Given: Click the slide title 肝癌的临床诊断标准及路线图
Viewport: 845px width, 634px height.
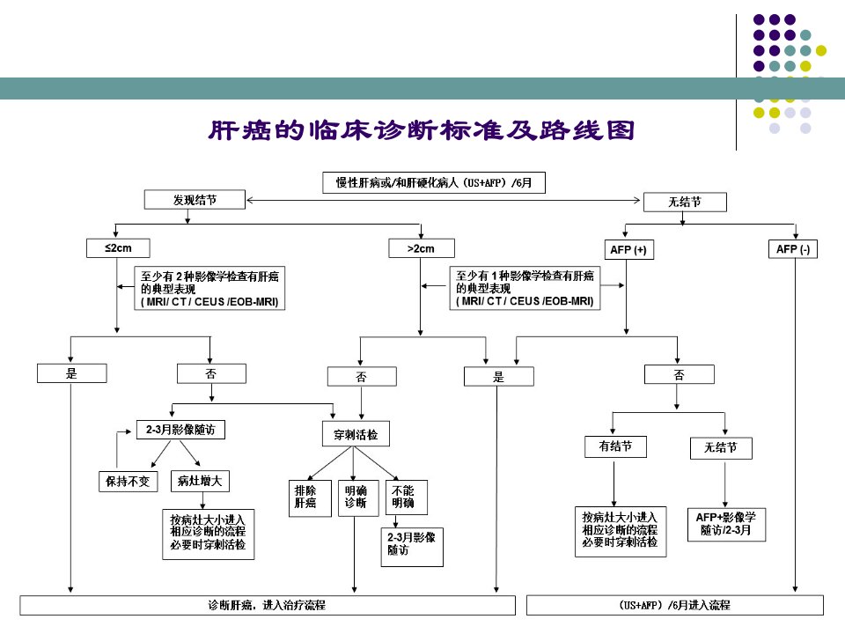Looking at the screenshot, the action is point(422,130).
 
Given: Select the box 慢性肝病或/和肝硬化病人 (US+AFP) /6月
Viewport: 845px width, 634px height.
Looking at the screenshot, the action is point(434,183).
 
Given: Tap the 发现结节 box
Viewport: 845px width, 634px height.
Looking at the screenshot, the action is point(195,200).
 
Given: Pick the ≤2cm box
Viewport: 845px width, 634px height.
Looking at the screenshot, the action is point(118,248).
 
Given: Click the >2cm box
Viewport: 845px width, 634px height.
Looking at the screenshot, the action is point(422,248).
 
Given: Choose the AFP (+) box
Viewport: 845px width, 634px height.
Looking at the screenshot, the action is point(628,249).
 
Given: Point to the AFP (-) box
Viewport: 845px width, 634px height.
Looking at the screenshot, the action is point(793,249).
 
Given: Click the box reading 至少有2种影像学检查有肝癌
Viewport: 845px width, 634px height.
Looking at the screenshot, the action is point(209,289).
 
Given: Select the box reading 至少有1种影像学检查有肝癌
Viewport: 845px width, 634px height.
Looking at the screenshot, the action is point(525,288).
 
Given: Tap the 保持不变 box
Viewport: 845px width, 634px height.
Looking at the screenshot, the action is point(128,482).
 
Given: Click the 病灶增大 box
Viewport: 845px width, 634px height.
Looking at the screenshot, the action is point(200,481).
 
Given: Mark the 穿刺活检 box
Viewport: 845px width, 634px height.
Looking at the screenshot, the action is point(355,434).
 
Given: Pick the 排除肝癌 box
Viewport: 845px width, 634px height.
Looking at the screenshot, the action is point(310,498).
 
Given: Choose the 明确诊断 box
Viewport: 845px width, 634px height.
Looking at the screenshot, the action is point(358,498).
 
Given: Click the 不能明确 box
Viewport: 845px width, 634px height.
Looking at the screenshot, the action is point(407,497).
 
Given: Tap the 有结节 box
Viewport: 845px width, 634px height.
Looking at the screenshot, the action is point(615,446).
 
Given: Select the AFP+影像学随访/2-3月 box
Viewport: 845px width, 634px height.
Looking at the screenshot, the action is point(726,524).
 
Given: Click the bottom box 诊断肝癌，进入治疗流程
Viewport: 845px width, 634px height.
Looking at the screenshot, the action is point(268,605).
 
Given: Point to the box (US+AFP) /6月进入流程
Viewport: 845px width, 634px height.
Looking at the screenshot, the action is point(675,605).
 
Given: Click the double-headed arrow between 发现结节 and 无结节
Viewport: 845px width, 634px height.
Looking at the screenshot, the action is point(444,200).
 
